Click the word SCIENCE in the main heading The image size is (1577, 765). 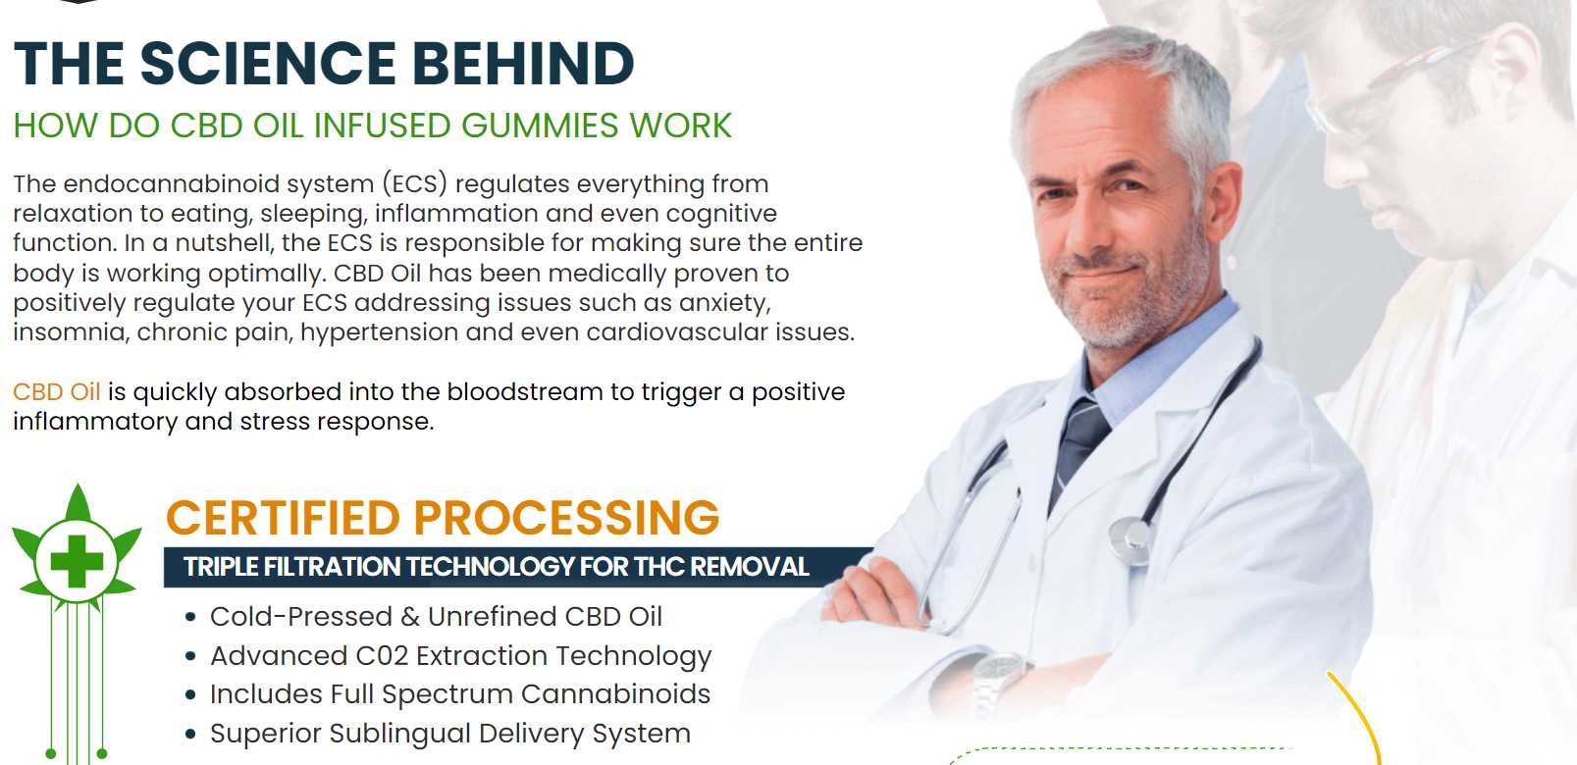click(267, 64)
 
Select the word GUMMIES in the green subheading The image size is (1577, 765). click(540, 126)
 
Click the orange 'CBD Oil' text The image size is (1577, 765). click(56, 391)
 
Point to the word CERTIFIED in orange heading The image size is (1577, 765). click(283, 518)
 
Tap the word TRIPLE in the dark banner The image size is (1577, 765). click(221, 567)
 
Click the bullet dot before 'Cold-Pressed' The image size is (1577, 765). click(190, 617)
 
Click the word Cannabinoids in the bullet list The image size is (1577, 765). click(615, 694)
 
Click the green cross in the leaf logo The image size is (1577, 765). click(77, 562)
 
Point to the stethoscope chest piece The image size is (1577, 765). click(1130, 540)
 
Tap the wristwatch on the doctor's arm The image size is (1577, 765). click(997, 680)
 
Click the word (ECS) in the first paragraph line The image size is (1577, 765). click(415, 183)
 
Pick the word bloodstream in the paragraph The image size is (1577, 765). click(524, 391)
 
